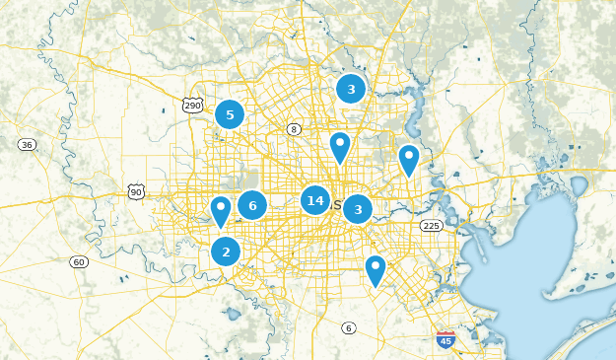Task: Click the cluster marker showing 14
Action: pyautogui.click(x=315, y=201)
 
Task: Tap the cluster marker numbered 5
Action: pyautogui.click(x=230, y=114)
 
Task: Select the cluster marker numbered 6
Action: pyautogui.click(x=252, y=205)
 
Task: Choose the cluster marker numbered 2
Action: pyautogui.click(x=226, y=252)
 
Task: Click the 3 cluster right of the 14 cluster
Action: pyautogui.click(x=358, y=209)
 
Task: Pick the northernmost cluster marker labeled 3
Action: pyautogui.click(x=351, y=89)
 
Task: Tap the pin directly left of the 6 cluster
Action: pyautogui.click(x=221, y=211)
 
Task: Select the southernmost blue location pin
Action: pyautogui.click(x=375, y=270)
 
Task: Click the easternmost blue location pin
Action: pyautogui.click(x=408, y=160)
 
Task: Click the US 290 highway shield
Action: pyautogui.click(x=192, y=104)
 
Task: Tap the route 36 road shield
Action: pyautogui.click(x=27, y=145)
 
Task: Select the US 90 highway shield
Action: pyautogui.click(x=136, y=191)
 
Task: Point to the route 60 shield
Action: pyautogui.click(x=79, y=261)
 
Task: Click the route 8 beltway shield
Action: pyautogui.click(x=293, y=129)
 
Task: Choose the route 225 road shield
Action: pyautogui.click(x=431, y=226)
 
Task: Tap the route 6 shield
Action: pyautogui.click(x=348, y=327)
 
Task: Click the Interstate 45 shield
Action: pyautogui.click(x=445, y=340)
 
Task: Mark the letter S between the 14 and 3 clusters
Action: pyautogui.click(x=338, y=205)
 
